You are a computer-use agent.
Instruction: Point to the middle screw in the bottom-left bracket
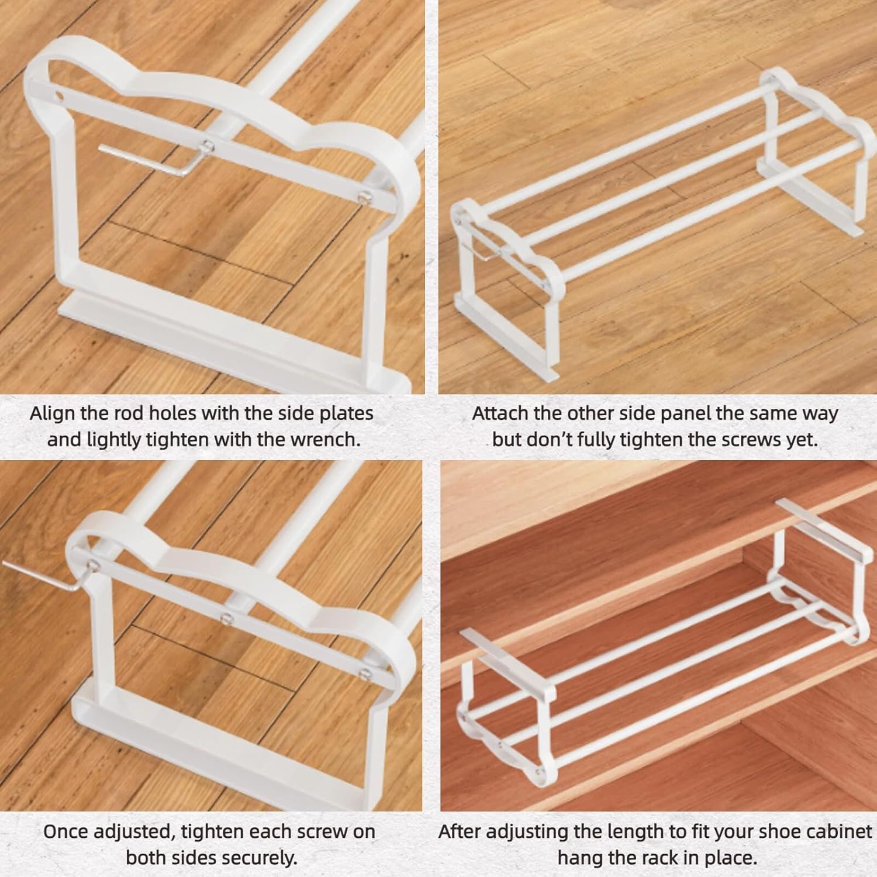pos(224,616)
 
